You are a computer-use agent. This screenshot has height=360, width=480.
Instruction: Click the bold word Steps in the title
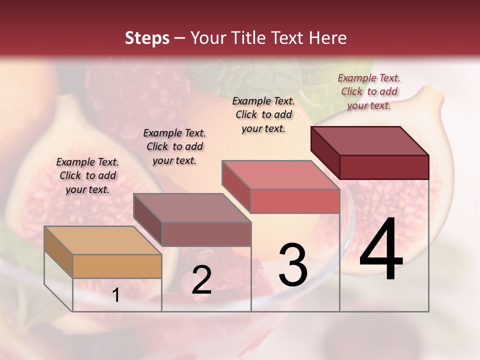click(147, 38)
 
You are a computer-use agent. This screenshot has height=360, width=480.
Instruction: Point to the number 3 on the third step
click(293, 264)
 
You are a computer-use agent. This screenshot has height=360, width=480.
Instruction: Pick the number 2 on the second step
click(201, 280)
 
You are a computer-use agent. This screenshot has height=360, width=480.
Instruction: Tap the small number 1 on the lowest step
click(116, 295)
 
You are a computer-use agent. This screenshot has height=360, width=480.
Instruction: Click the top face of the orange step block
click(103, 240)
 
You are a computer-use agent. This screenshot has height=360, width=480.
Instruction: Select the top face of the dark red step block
click(370, 140)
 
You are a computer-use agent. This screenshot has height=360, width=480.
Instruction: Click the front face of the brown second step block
click(206, 234)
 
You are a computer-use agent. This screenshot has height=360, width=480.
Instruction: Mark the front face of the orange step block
click(117, 266)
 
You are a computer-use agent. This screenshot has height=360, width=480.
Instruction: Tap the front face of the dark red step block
click(384, 167)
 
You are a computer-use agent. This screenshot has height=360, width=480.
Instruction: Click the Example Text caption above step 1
click(87, 175)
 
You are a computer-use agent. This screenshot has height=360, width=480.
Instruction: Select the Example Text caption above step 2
click(174, 146)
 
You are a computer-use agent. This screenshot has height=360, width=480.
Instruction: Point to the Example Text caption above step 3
click(263, 114)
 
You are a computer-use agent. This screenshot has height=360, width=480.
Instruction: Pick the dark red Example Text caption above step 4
click(369, 91)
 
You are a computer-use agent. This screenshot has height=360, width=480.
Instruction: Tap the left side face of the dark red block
click(325, 152)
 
